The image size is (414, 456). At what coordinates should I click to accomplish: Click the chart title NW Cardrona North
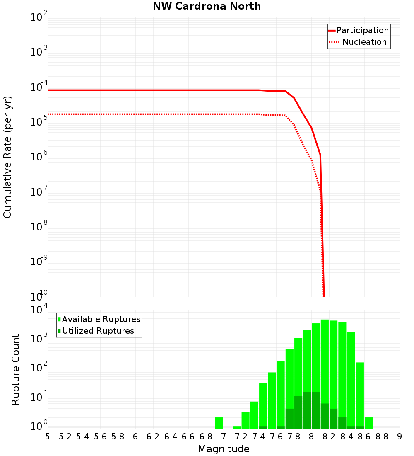pos(207,6)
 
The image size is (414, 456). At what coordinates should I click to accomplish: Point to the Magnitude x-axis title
pos(224,449)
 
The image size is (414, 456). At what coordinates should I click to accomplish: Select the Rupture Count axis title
pos(16,369)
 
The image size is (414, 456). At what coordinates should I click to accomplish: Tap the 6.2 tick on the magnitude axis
pos(153,437)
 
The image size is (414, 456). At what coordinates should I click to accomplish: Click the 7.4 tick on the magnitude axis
pos(259,437)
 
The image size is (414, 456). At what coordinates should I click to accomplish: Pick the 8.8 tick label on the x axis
pos(382,437)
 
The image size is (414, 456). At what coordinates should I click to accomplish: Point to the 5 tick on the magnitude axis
pos(48,437)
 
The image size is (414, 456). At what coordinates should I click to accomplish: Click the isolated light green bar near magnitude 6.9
pos(219,423)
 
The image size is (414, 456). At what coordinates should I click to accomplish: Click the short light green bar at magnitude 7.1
pos(237,427)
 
